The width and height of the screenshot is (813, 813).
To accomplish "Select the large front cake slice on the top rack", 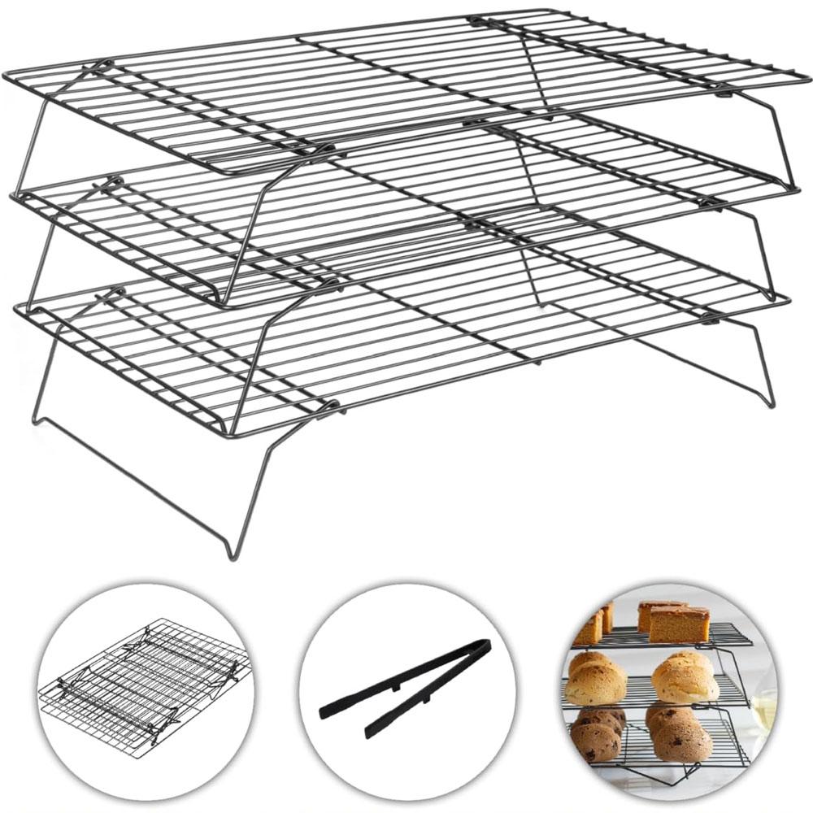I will [x=678, y=624].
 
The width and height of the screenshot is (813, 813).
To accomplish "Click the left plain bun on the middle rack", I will [x=595, y=681].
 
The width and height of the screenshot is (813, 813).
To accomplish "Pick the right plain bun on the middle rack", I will [x=685, y=679].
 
